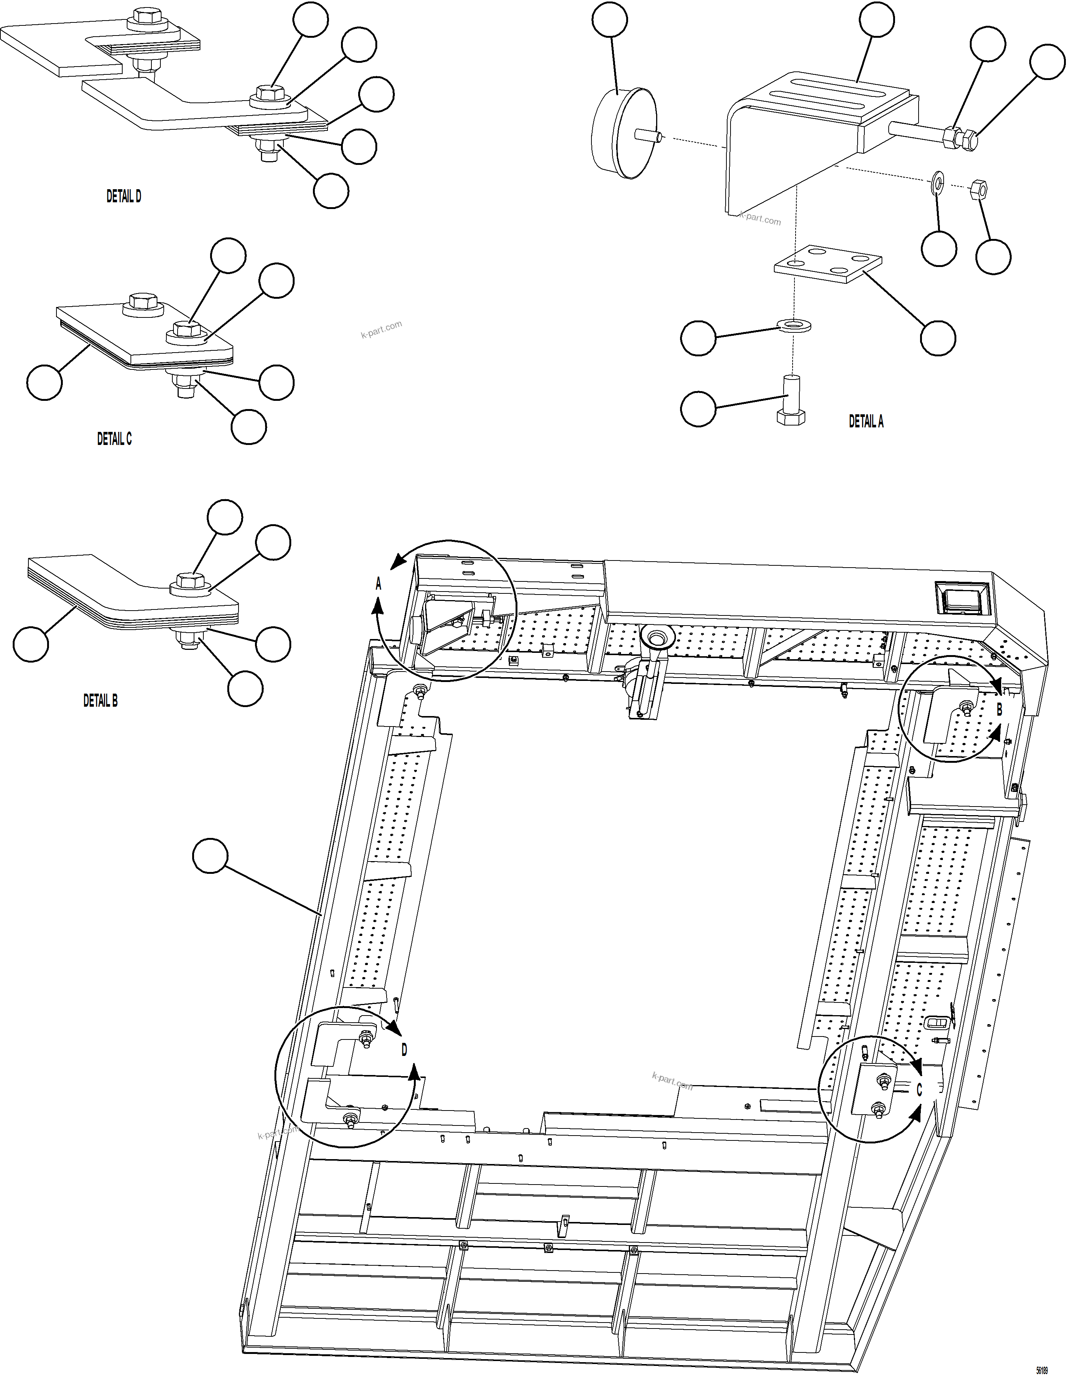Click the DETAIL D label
coord(123,197)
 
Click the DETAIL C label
coord(114,439)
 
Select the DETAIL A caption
coord(866,421)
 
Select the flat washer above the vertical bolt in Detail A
coord(793,326)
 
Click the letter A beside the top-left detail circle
coord(379,584)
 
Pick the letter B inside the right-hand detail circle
coord(999,709)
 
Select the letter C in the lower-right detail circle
coord(919,1089)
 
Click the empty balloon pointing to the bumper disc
coord(610,20)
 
